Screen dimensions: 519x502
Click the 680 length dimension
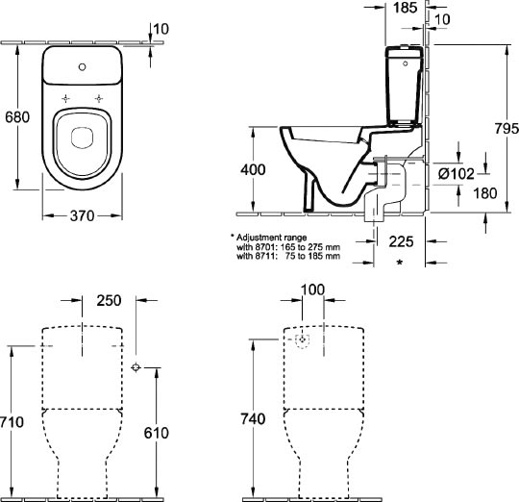(17, 117)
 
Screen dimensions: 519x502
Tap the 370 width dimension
(83, 216)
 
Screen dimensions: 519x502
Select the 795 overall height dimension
(507, 129)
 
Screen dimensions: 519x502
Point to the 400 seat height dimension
(253, 169)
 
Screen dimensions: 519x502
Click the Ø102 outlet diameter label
(457, 173)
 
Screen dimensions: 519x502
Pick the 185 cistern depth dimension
(406, 8)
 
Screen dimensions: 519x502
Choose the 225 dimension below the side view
(401, 241)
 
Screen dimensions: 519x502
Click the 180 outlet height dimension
(485, 193)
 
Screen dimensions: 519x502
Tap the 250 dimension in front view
(109, 300)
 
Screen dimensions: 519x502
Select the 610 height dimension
(157, 433)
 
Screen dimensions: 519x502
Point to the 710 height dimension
(12, 422)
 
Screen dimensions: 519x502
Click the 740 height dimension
(253, 419)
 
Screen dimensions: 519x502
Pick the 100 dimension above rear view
(312, 289)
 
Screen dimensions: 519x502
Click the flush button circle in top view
(83, 67)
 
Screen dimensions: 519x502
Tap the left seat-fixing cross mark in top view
(66, 98)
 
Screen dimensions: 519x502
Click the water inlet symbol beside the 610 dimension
(136, 367)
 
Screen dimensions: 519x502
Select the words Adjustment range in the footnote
(271, 238)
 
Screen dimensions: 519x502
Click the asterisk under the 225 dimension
(400, 263)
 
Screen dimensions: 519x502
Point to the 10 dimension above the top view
(161, 29)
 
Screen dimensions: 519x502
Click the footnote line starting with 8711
(288, 256)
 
